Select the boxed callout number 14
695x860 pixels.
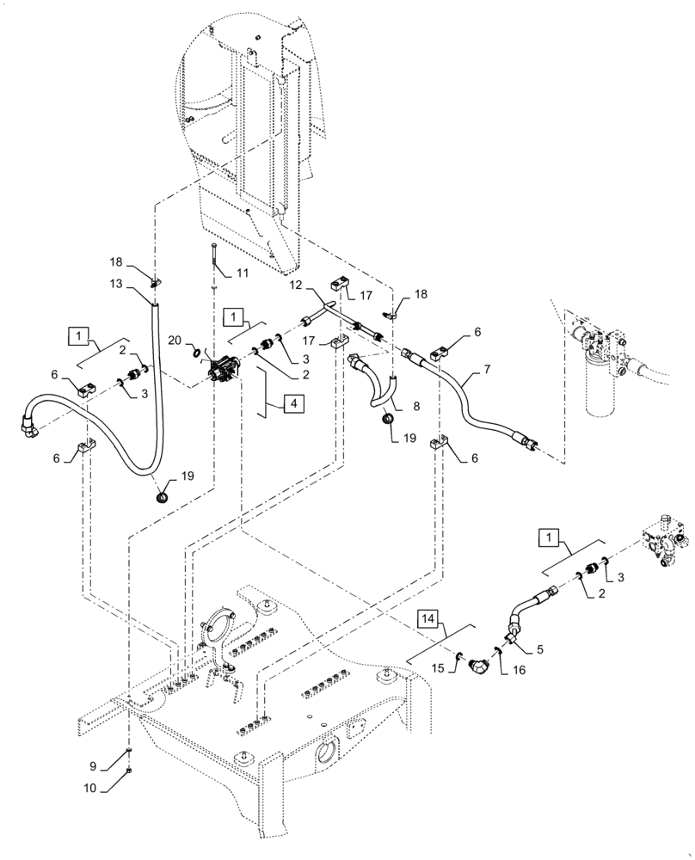(x=427, y=618)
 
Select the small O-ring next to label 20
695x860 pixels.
(x=200, y=352)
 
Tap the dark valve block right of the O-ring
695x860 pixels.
(x=226, y=372)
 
